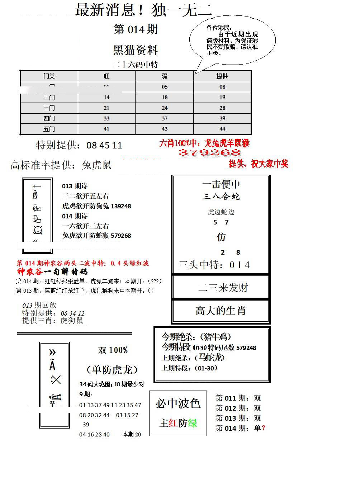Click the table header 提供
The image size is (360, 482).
click(x=222, y=76)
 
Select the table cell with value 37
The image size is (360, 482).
click(x=165, y=118)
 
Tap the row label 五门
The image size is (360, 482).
click(x=49, y=129)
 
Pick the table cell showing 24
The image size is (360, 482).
click(x=165, y=108)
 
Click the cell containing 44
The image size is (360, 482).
click(x=222, y=129)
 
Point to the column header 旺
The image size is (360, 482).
click(x=106, y=76)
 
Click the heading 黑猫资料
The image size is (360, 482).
click(x=136, y=50)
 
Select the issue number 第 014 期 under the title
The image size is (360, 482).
click(x=136, y=29)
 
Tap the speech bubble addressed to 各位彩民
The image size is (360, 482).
click(x=232, y=40)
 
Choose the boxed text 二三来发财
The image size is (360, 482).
click(x=223, y=287)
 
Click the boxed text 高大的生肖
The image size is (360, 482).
click(x=221, y=311)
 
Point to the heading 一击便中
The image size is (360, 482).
click(x=221, y=184)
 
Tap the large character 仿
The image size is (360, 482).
click(x=221, y=237)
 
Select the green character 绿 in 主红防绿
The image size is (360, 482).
click(x=193, y=423)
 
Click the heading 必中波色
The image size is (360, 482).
click(x=178, y=403)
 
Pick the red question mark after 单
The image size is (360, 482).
click(x=264, y=428)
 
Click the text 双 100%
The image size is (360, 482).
click(x=113, y=350)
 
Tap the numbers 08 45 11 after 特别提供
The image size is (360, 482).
click(x=104, y=145)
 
